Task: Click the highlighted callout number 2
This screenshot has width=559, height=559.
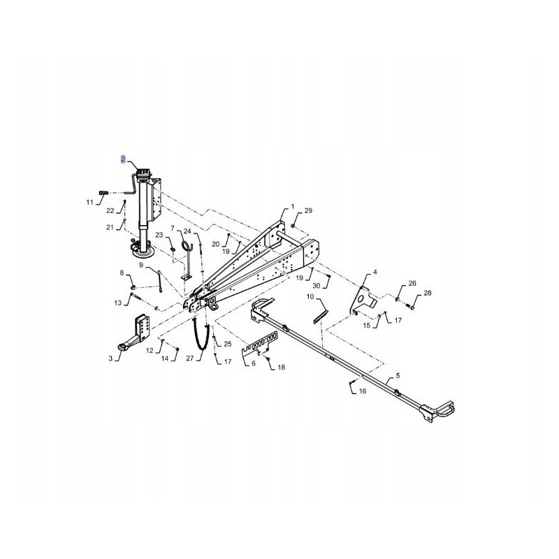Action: coord(123,160)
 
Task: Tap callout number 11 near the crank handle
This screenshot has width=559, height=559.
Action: coord(89,202)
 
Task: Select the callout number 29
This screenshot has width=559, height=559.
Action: coord(309,210)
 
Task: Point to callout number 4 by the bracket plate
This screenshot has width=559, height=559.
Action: coord(375,272)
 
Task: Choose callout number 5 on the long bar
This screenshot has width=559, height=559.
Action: coord(398,376)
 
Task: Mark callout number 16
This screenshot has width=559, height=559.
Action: coord(363,391)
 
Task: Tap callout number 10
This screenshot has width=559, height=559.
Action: coord(310,297)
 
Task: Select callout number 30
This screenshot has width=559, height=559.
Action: coord(317,286)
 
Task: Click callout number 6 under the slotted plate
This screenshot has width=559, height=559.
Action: coord(253,363)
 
